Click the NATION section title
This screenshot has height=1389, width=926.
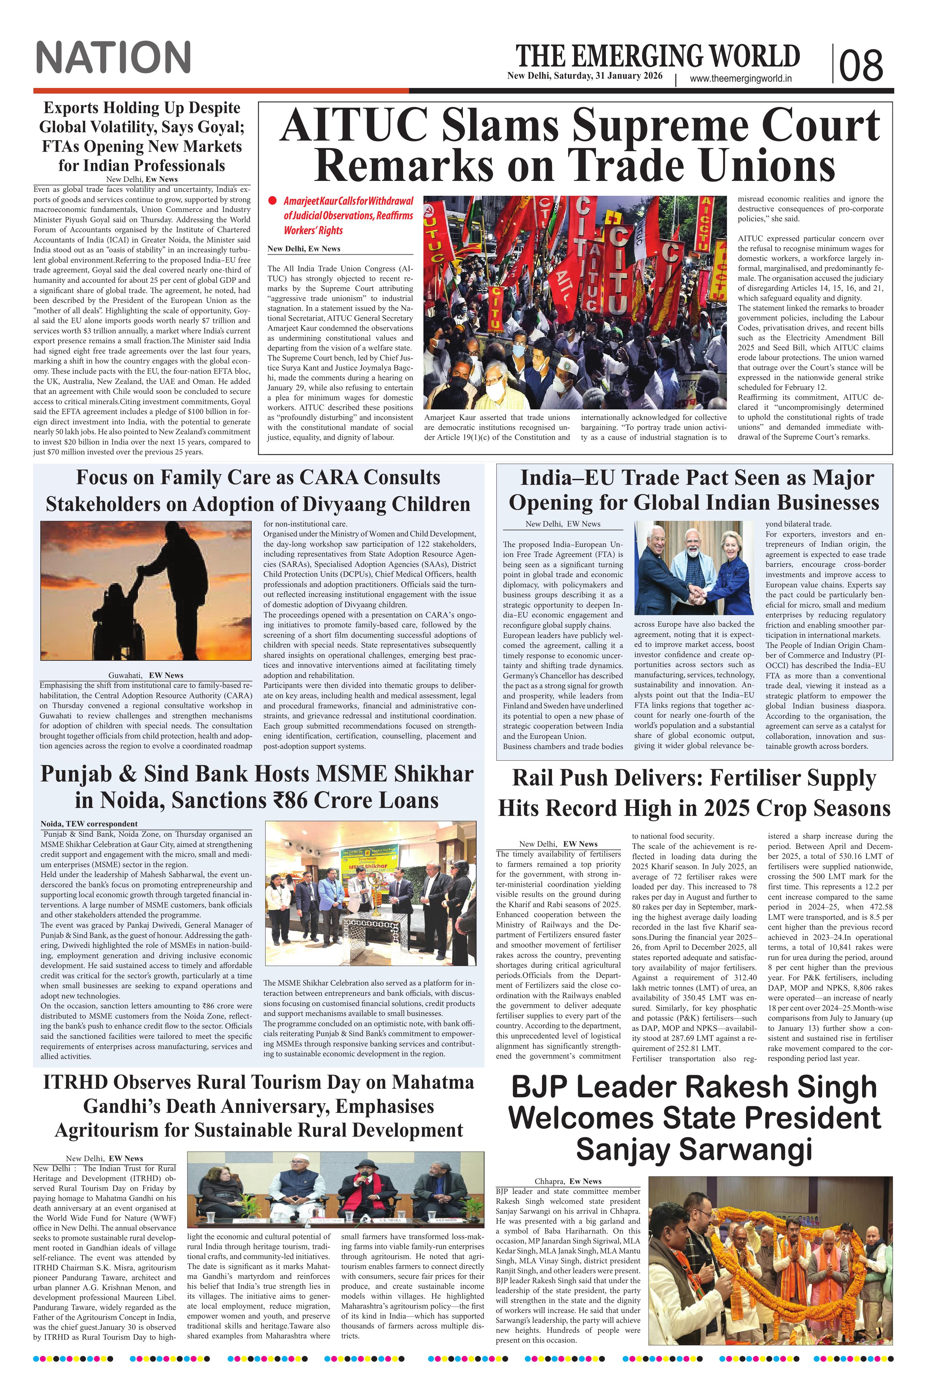113,58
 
